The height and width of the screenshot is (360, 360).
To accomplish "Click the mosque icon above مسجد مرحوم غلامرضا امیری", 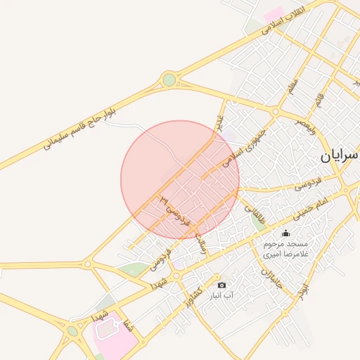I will pos(285,233).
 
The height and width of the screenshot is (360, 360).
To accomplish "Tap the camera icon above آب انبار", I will pos(222,285).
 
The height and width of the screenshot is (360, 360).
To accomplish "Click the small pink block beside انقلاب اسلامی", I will pos(273,14).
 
